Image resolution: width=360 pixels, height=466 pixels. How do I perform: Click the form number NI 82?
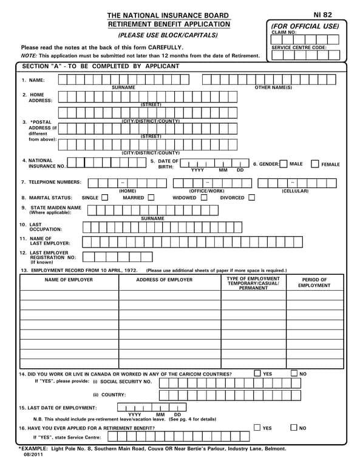coord(322,15)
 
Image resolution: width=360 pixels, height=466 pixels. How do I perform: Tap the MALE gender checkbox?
coord(284,164)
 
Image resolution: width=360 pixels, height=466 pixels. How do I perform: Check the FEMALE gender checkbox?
coord(314,164)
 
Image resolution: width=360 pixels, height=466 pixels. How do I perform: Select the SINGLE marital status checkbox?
coord(105,197)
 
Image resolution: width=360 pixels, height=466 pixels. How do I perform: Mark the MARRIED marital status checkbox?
coord(151,197)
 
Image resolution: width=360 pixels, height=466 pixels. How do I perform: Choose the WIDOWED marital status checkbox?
coord(204,197)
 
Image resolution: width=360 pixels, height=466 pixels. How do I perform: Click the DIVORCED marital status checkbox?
coord(251,197)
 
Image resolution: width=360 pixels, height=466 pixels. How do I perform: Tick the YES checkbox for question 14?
coord(257,374)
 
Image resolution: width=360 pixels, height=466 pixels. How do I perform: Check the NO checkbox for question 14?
coord(294,374)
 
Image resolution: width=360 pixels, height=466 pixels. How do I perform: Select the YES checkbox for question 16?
coord(257,428)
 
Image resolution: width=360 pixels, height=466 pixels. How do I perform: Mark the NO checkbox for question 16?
coord(294,428)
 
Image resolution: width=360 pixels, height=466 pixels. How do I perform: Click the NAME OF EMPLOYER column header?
coord(69,280)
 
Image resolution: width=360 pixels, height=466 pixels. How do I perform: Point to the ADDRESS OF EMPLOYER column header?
coord(164,280)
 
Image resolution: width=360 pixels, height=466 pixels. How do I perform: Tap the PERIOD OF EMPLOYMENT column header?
coord(314,282)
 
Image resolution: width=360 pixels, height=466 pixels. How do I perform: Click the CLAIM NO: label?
coord(284,32)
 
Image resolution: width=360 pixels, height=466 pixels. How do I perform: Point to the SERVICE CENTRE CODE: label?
coord(299,47)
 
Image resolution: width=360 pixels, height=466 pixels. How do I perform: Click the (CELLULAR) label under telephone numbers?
coord(294,191)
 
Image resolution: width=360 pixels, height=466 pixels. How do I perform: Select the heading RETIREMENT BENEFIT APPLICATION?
coord(169,24)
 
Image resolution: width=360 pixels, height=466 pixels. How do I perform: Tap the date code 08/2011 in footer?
coord(33,454)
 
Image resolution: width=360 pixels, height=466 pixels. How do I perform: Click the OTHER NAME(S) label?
coord(273,88)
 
